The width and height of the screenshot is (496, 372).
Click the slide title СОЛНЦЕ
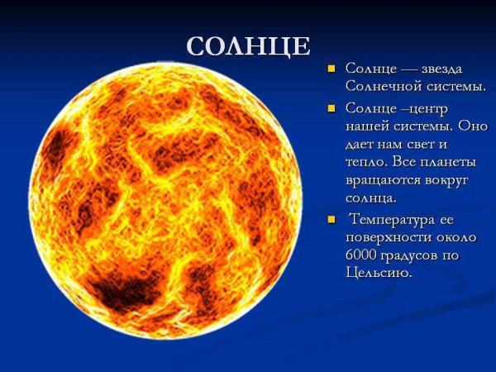[x=248, y=46]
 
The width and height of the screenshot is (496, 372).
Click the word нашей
[x=365, y=126]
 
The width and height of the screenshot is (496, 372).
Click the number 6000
[x=363, y=255]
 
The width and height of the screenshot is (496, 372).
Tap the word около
[x=455, y=237]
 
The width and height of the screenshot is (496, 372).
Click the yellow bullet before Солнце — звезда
[x=331, y=68]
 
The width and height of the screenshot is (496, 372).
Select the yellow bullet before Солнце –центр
[x=331, y=108]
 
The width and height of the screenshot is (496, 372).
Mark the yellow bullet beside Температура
[x=331, y=220]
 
